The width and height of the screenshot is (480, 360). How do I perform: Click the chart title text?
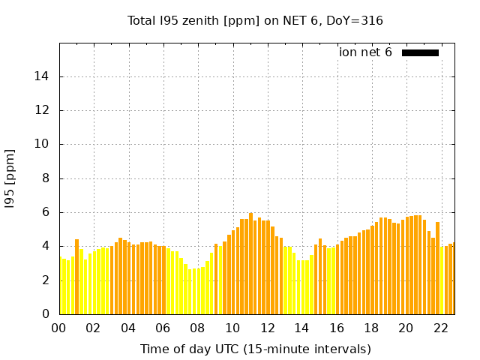tap(255, 21)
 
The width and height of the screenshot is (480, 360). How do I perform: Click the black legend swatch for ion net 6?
tap(420, 52)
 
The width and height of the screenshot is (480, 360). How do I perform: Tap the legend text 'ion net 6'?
tap(365, 52)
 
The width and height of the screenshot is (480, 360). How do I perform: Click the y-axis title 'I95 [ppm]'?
tap(10, 178)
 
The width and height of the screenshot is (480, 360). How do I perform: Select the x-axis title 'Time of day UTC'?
tap(255, 349)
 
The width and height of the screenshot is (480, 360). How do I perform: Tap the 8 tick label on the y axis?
tap(46, 178)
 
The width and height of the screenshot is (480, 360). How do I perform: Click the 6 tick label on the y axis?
tap(46, 212)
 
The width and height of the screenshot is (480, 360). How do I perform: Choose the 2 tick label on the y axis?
tap(46, 280)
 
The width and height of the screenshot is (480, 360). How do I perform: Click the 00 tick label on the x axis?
tap(59, 328)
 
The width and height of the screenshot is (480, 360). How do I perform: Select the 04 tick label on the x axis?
tap(128, 328)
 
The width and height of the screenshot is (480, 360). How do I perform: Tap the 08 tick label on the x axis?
tap(198, 328)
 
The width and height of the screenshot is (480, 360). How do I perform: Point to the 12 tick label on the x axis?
tap(267, 328)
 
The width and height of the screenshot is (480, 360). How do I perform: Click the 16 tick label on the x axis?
tap(337, 328)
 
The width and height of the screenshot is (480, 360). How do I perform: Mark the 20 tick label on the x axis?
tap(406, 328)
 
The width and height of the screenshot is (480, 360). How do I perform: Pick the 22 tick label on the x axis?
tap(441, 328)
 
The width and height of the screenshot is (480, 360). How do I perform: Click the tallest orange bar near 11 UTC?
tap(250, 262)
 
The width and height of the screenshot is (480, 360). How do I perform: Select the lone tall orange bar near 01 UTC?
tap(76, 277)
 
